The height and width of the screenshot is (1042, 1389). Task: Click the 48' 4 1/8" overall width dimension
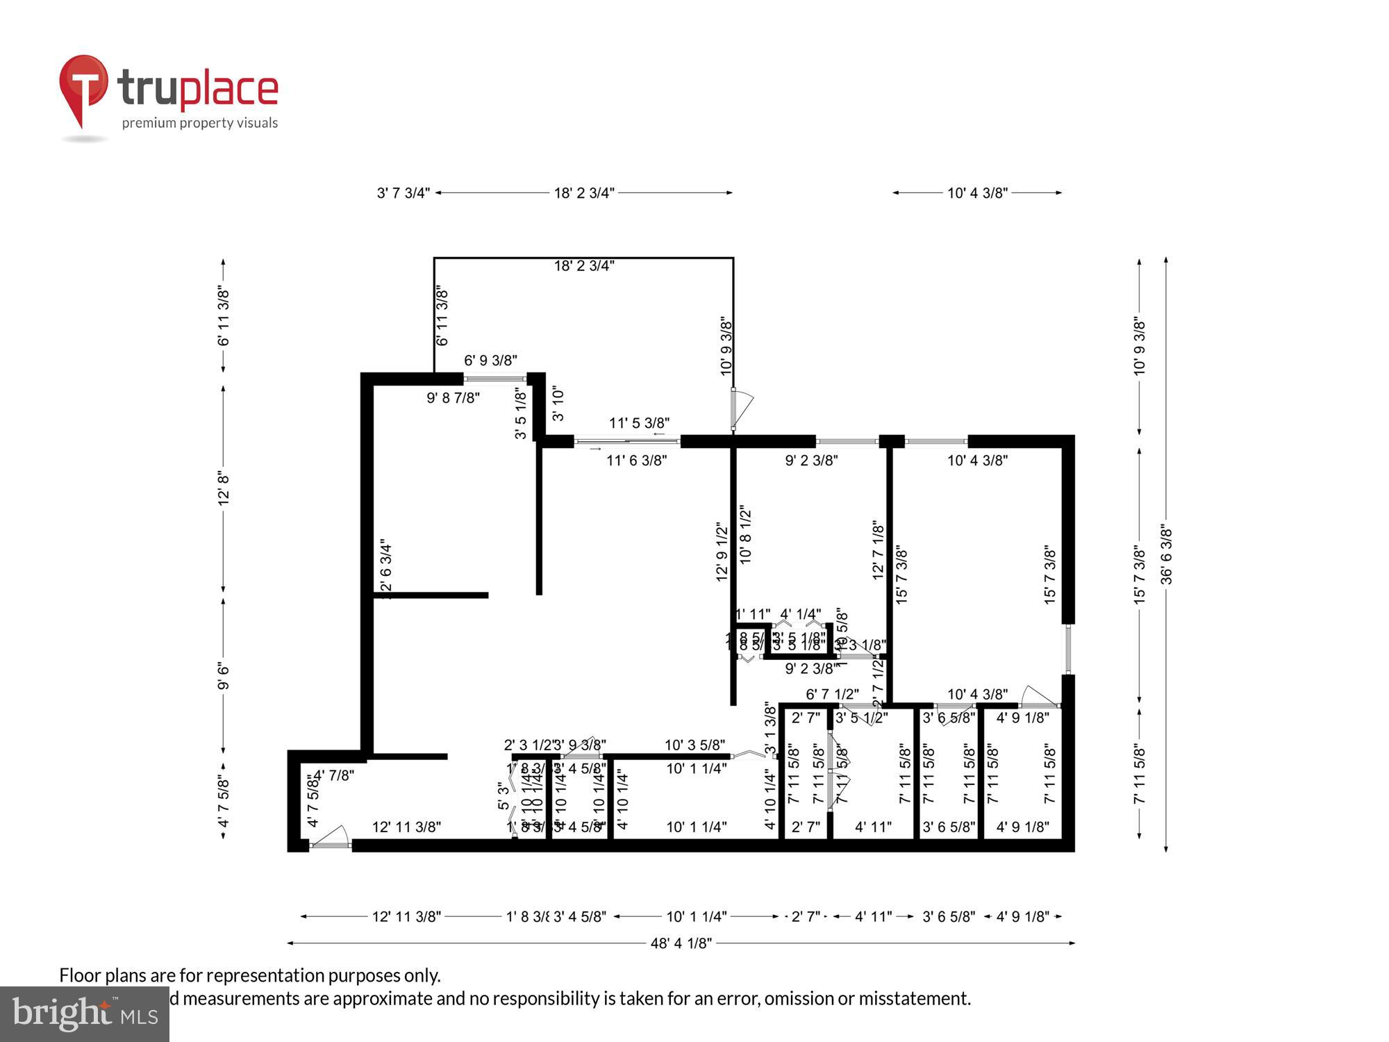(x=681, y=943)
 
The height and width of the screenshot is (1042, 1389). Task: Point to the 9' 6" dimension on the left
(x=224, y=676)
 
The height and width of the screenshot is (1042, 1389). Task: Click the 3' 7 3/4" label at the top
(x=404, y=193)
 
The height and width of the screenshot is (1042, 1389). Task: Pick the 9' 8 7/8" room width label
(x=453, y=398)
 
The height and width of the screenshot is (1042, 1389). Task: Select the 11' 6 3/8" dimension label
(x=636, y=460)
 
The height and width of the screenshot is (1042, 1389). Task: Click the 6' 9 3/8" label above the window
(x=490, y=361)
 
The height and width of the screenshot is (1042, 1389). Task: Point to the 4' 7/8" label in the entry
(x=333, y=775)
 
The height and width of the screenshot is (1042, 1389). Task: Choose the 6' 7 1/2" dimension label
(x=832, y=694)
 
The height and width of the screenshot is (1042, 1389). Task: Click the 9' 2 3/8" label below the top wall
(x=811, y=460)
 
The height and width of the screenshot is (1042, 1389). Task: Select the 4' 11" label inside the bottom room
(x=873, y=827)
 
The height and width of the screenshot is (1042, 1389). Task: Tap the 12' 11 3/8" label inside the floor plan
(x=406, y=827)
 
